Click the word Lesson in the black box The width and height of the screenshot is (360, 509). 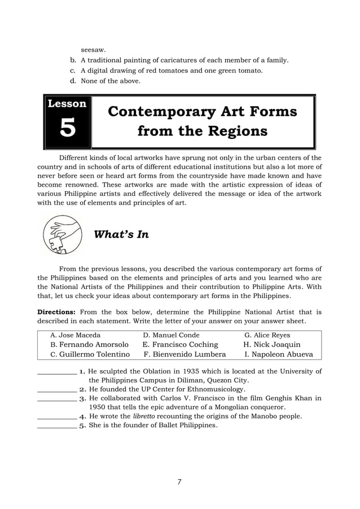(67, 104)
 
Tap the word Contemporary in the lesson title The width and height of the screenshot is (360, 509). (158, 111)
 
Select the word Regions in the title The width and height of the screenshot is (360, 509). (236, 131)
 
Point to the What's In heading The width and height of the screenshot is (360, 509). (121, 234)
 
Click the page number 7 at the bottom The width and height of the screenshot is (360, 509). (179, 481)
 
